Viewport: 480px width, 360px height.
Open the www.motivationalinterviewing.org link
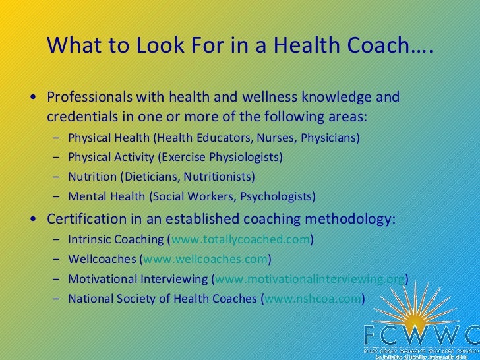coord(310,278)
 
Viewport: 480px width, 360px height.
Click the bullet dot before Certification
coord(34,219)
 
